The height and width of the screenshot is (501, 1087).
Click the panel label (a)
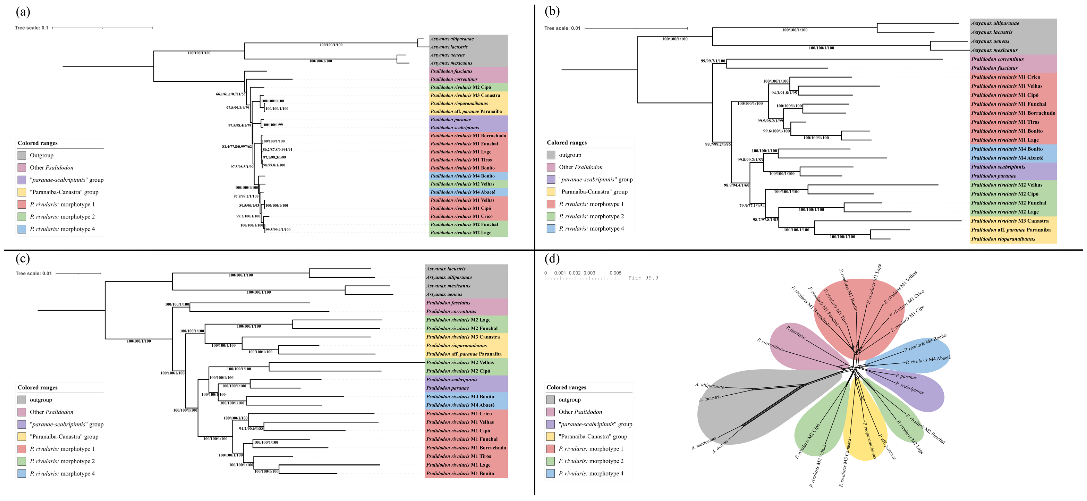click(x=23, y=12)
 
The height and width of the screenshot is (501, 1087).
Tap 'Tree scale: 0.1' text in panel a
click(x=32, y=28)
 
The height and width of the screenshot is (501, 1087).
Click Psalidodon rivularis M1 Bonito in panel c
click(x=460, y=474)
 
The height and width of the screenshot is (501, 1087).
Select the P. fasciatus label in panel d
click(x=796, y=332)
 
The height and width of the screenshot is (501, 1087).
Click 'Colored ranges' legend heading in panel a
click(x=38, y=143)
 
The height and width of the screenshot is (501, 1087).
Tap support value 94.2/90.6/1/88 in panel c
click(x=251, y=428)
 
